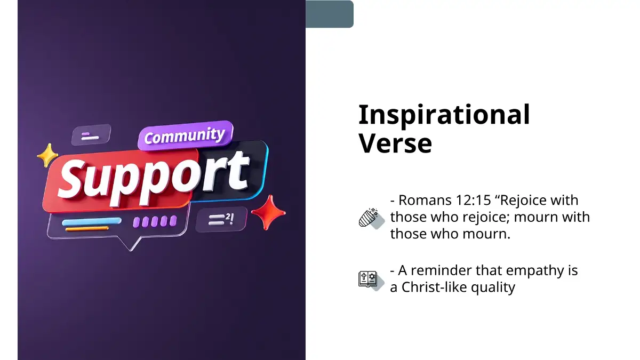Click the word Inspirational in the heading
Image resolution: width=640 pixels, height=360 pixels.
point(444,115)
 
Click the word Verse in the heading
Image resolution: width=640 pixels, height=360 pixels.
point(395,143)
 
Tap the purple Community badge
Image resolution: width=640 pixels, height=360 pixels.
point(185,135)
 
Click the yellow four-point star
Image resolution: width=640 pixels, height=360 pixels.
point(47,155)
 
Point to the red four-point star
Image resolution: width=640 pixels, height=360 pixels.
point(269,212)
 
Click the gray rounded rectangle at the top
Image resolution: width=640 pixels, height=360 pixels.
point(330,14)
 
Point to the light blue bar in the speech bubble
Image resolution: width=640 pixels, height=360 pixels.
point(92,221)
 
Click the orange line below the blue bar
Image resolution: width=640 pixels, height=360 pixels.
point(87,229)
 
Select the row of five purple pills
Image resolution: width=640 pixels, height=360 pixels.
point(155,221)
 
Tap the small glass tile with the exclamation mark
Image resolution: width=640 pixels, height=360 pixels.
point(221,219)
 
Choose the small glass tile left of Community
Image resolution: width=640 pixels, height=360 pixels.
point(91,135)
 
